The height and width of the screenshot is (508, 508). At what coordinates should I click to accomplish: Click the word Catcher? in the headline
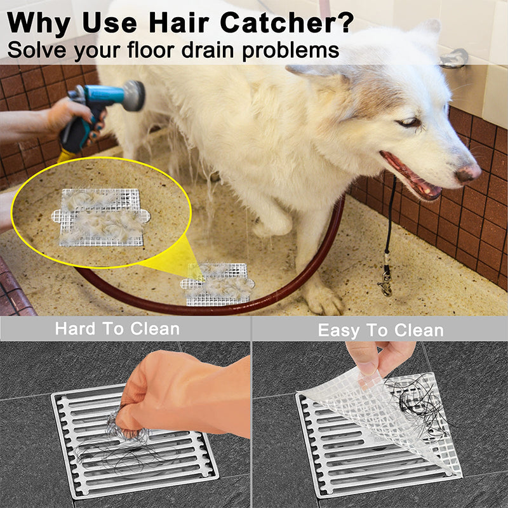click(x=287, y=22)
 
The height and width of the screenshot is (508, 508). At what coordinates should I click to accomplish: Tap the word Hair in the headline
click(x=179, y=22)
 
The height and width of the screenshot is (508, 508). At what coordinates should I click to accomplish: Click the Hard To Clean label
click(x=117, y=328)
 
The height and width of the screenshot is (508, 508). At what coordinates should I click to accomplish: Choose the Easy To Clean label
click(x=380, y=330)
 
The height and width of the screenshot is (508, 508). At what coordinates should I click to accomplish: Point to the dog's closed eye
click(x=409, y=123)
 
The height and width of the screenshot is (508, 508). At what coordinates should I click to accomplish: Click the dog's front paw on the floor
click(x=323, y=300)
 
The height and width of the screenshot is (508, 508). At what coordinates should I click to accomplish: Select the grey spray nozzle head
click(x=133, y=95)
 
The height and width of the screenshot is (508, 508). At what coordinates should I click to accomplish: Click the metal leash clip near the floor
click(x=385, y=281)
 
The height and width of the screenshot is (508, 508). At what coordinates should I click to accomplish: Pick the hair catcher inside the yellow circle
click(x=101, y=217)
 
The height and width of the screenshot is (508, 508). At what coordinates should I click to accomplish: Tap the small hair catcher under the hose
click(x=217, y=284)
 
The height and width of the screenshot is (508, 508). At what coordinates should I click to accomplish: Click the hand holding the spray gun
click(x=72, y=116)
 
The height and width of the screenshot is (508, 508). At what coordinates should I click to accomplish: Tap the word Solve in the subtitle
click(x=37, y=50)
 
